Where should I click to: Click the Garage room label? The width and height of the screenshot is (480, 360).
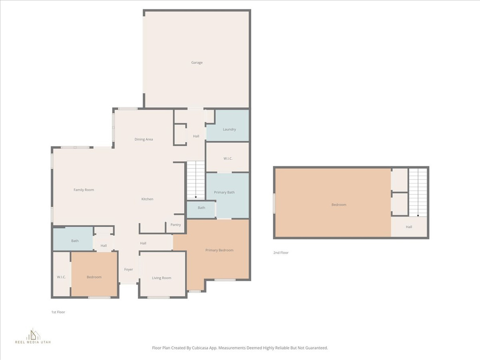click(197, 62)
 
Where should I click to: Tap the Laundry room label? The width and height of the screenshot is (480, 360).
click(229, 129)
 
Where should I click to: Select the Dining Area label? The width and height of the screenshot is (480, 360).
click(143, 139)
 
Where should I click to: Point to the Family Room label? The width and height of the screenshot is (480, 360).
click(83, 190)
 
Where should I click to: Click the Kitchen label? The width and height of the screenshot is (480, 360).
click(147, 199)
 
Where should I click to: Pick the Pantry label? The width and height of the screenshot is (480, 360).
click(176, 225)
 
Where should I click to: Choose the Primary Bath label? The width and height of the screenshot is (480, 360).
click(224, 192)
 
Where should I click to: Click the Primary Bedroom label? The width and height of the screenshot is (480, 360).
click(219, 250)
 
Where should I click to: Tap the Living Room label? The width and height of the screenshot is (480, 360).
click(161, 278)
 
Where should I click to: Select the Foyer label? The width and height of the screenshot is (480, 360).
click(128, 270)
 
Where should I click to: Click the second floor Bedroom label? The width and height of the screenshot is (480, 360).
click(339, 205)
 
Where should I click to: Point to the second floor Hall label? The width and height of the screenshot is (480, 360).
click(409, 227)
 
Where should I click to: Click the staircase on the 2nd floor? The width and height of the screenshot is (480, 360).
click(418, 192)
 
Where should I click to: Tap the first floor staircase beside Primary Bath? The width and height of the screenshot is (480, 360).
click(196, 180)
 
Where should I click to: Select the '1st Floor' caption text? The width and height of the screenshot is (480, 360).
click(58, 312)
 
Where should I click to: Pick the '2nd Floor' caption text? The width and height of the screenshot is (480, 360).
click(281, 253)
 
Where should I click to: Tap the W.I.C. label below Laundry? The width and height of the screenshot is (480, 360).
click(228, 158)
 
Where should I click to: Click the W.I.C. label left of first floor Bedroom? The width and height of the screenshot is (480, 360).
click(61, 277)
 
